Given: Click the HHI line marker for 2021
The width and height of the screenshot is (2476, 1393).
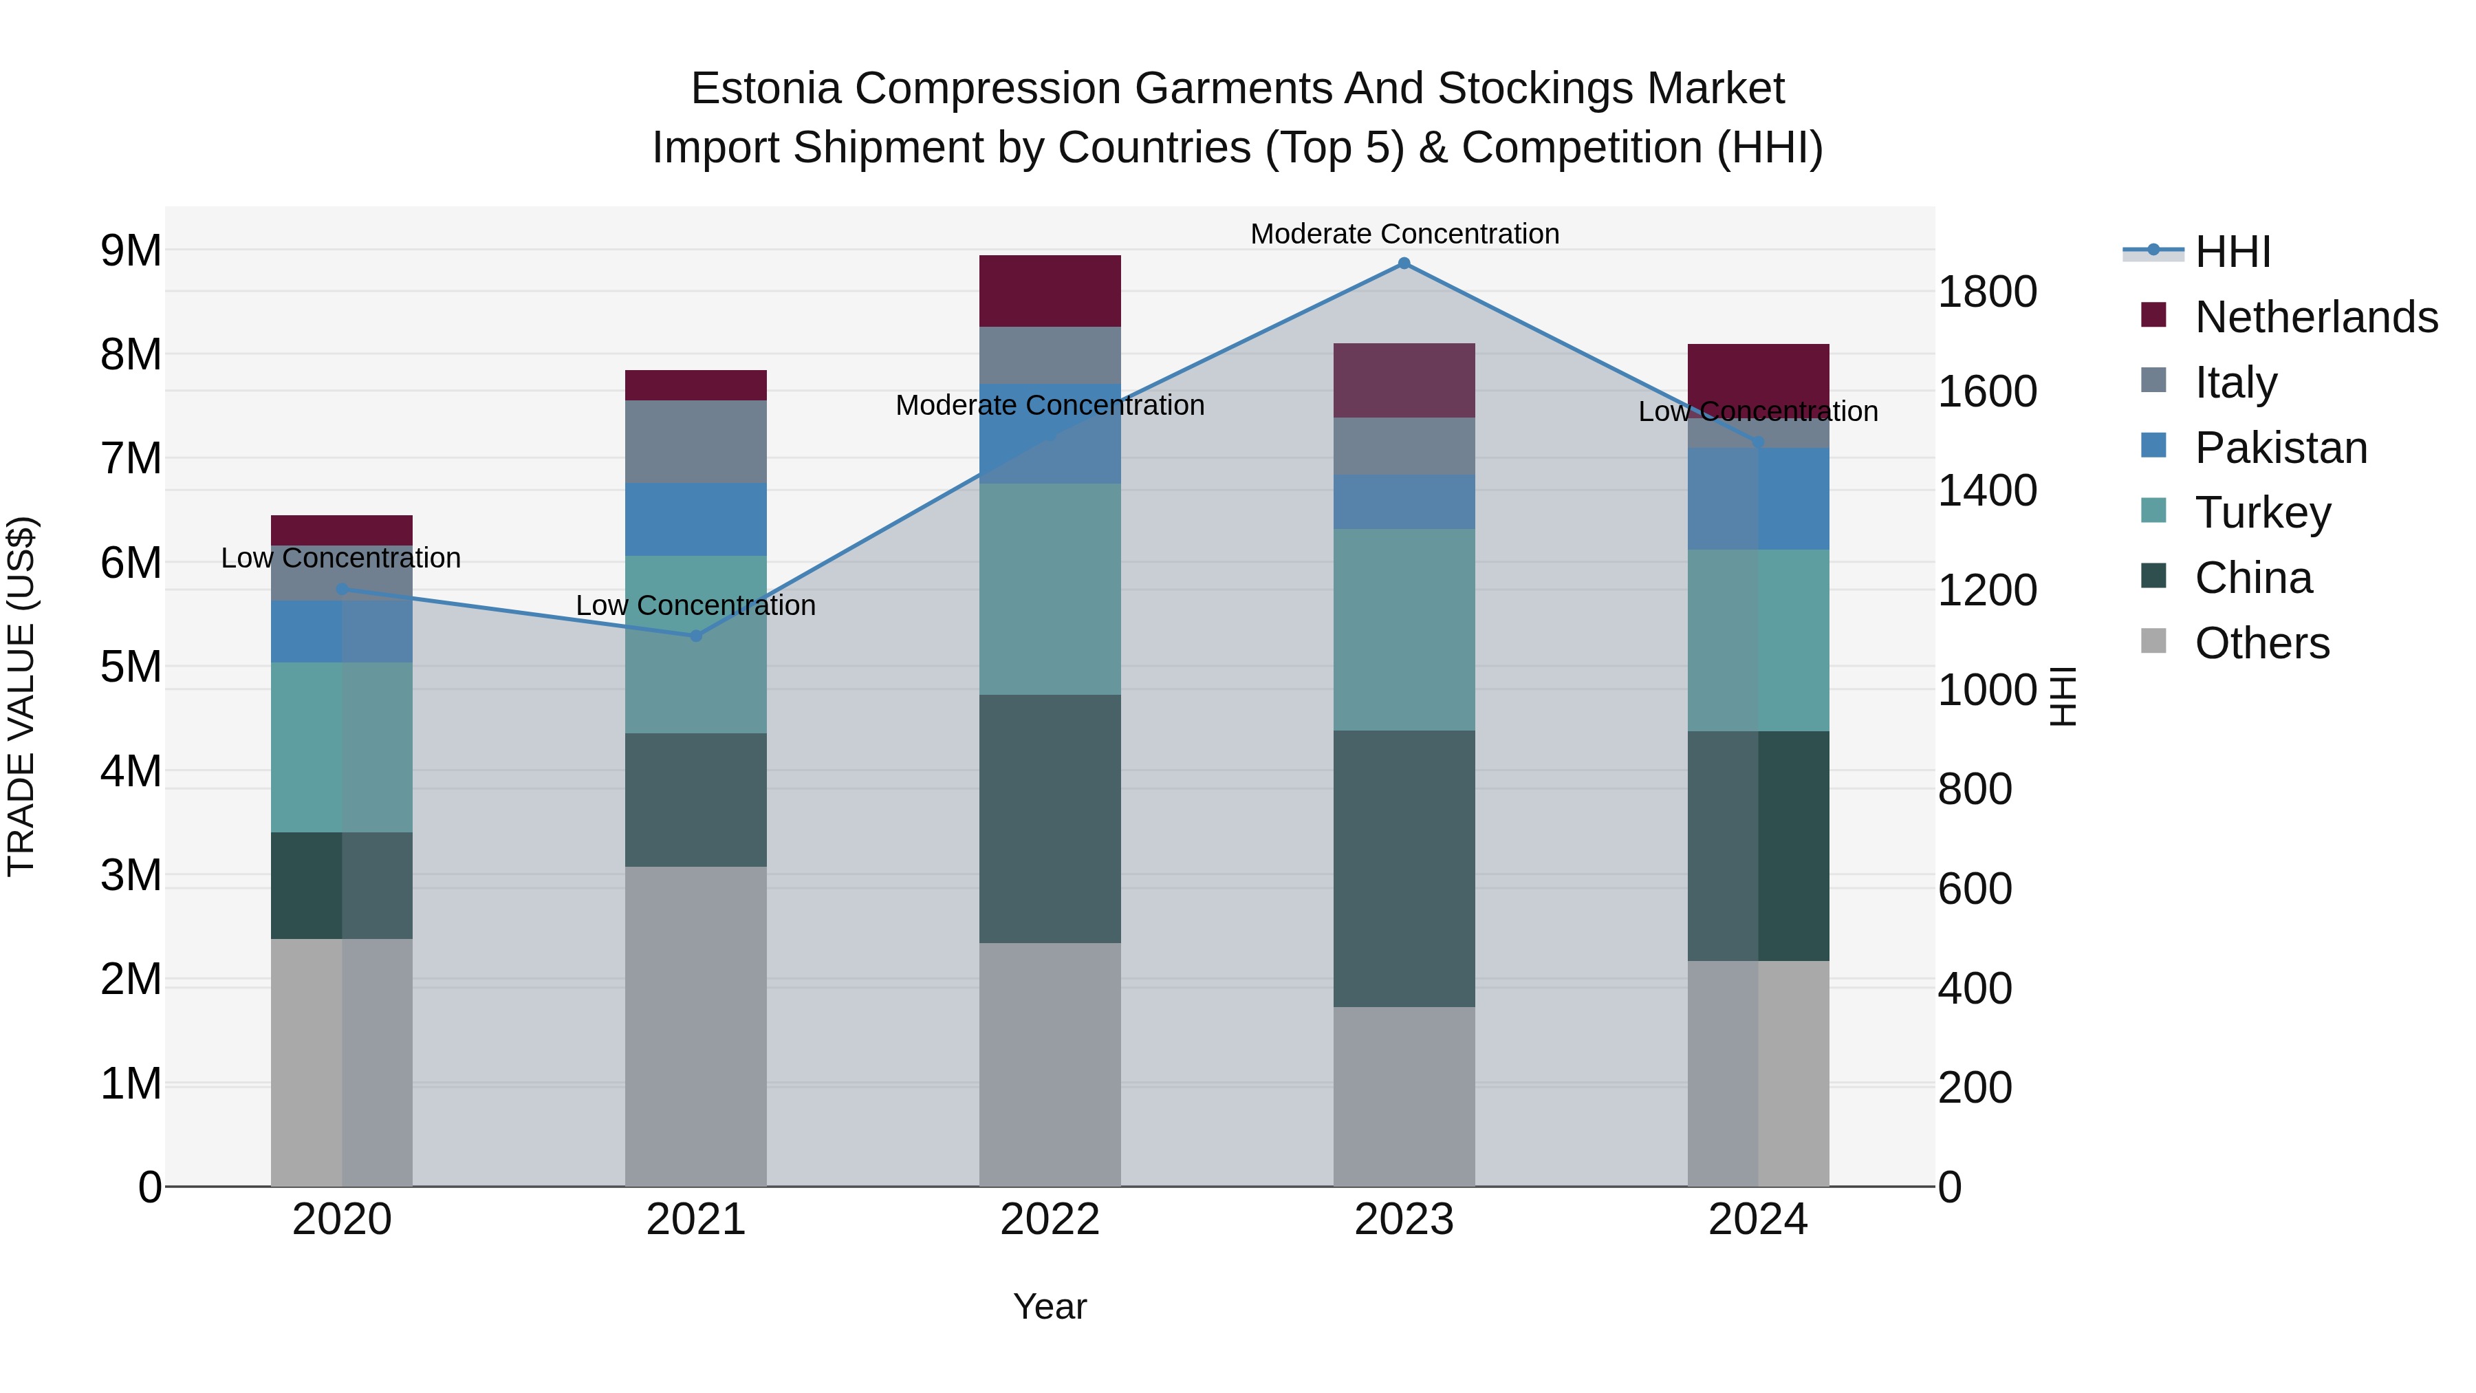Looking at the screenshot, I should click(696, 636).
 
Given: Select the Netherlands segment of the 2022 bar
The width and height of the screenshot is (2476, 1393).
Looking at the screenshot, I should click(1050, 291).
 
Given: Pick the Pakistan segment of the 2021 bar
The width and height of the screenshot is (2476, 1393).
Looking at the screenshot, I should click(696, 519).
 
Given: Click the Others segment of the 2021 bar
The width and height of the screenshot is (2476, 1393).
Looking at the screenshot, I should click(696, 1026).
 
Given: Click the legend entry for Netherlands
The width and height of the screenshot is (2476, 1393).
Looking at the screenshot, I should click(2316, 317).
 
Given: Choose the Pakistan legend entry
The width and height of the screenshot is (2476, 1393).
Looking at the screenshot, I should click(2280, 448).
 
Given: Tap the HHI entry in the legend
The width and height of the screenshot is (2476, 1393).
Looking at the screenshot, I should click(2232, 252).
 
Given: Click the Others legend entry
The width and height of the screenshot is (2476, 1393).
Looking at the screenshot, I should click(2261, 643).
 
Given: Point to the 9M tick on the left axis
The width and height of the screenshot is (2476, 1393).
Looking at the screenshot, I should click(131, 251).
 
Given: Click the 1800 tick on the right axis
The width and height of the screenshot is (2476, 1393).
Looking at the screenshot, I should click(1986, 292).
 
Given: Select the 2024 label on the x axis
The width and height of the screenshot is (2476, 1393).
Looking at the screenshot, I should click(1757, 1220).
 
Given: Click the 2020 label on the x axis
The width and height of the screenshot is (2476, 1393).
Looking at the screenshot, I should click(343, 1220).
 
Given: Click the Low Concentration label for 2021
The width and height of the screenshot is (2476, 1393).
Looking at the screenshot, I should click(696, 605).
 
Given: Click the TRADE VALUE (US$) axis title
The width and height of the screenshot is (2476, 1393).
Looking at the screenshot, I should click(21, 696).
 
